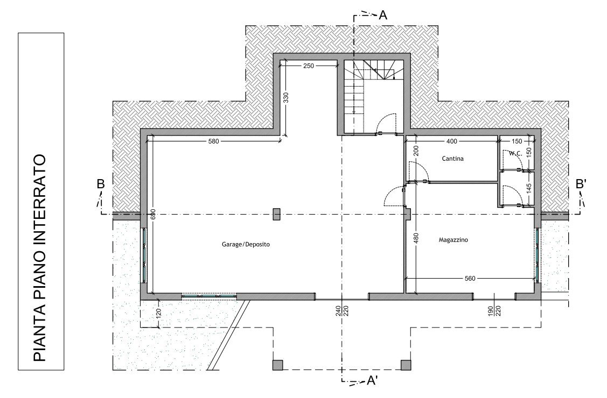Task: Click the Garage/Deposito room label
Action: tap(246, 244)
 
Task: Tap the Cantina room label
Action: tap(452, 159)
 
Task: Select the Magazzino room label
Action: tap(453, 240)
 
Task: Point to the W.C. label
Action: tap(515, 153)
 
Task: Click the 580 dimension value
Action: tap(214, 141)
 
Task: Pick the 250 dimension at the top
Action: tap(309, 66)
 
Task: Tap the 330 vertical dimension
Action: tap(286, 98)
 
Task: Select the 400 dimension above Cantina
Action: tap(452, 141)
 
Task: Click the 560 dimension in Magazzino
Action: tap(470, 278)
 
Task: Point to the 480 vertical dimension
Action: tap(416, 238)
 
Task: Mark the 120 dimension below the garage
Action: tap(158, 312)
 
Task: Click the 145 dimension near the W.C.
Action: tap(529, 188)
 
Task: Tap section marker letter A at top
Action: tap(383, 15)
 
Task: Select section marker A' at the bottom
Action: tap(372, 381)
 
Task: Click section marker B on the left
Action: tap(101, 184)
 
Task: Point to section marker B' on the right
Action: tap(581, 184)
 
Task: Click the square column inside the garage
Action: tap(276, 214)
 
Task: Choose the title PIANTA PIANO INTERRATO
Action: tap(40, 258)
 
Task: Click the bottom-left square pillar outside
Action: tap(277, 365)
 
